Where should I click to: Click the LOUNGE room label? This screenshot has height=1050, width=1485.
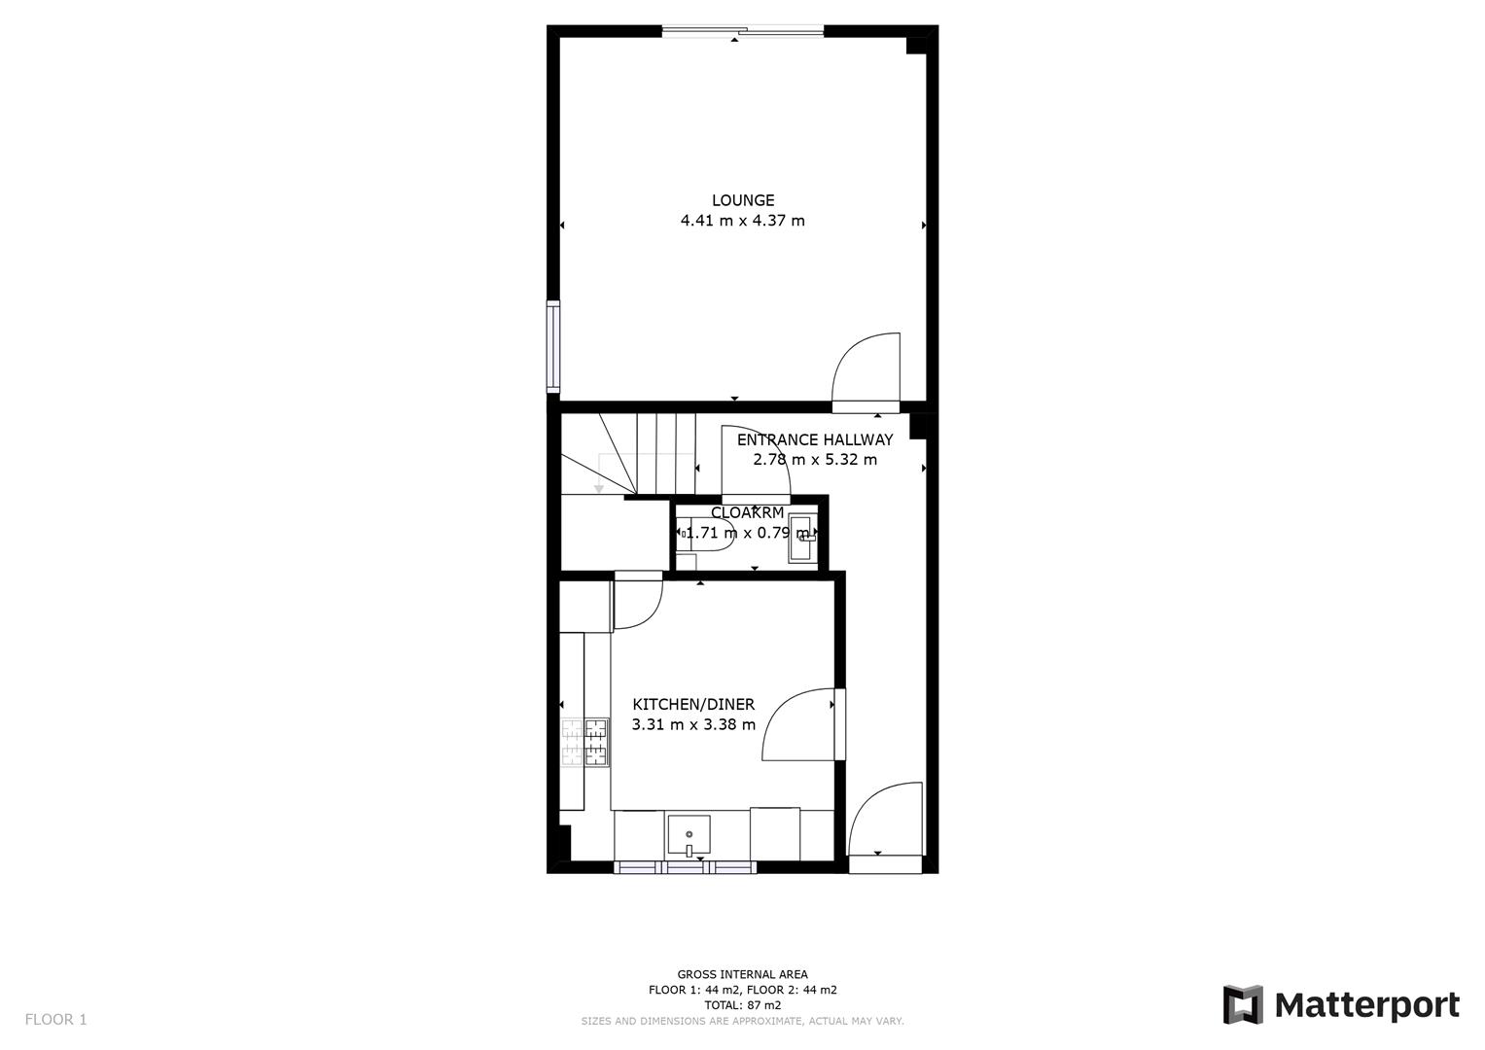point(743,201)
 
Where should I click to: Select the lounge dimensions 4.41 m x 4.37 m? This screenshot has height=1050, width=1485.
point(743,221)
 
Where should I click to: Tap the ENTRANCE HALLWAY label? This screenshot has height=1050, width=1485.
point(815,440)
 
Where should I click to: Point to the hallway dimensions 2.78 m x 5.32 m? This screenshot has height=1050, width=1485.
point(815,460)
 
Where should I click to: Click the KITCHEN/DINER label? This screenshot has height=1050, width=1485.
point(693,705)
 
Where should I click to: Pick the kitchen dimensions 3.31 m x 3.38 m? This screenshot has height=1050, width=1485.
point(693,725)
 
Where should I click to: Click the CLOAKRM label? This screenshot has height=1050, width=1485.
point(747,513)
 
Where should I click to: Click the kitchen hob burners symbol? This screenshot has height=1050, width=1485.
point(584,742)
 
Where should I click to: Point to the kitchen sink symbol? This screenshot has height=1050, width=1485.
point(689,835)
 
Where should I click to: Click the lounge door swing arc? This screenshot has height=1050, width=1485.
point(861,365)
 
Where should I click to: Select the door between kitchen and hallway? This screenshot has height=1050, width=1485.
point(799,724)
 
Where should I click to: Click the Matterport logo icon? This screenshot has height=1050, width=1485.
point(1242,1004)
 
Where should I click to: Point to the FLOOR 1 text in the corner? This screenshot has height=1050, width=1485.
point(55,1020)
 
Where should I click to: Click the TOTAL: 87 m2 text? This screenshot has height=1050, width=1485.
point(743,1005)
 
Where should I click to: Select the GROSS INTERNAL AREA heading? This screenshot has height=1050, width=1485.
point(743,974)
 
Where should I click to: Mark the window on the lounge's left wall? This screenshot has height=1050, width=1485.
point(553,345)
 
